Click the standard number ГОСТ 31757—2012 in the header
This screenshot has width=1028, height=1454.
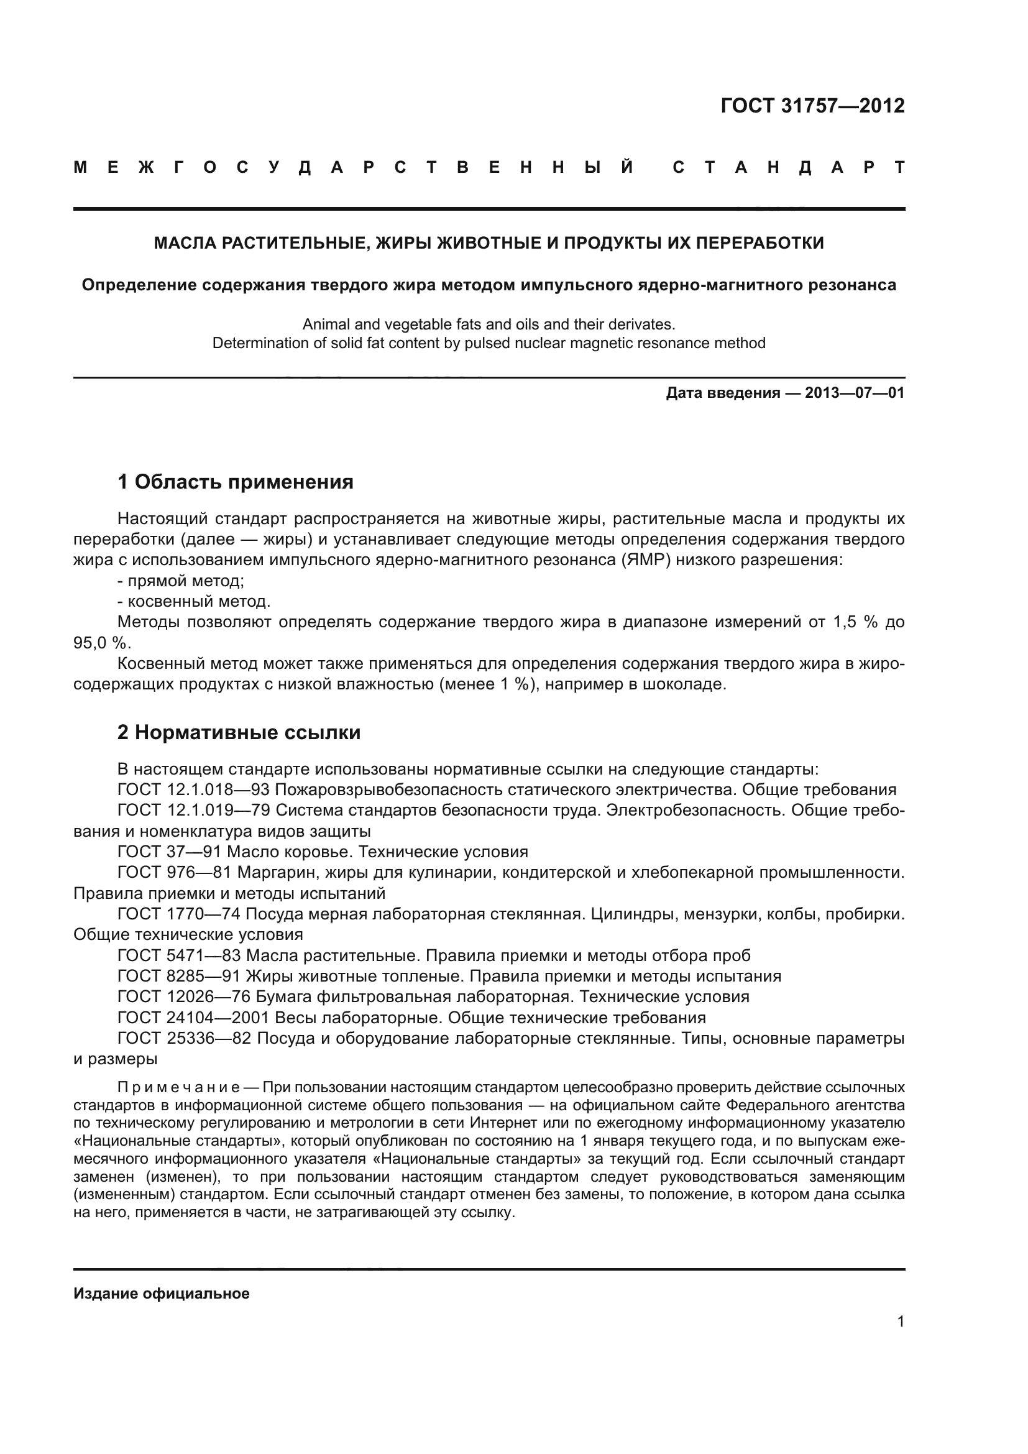click(x=812, y=106)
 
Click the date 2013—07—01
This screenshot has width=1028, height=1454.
click(x=854, y=393)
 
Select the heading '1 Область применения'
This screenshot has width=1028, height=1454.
click(x=235, y=482)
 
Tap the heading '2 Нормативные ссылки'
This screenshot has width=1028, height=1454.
click(x=239, y=733)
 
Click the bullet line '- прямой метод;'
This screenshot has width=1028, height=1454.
click(x=180, y=581)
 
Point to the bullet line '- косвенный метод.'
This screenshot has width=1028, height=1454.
click(x=194, y=601)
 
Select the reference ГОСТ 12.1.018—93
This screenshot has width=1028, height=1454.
click(x=194, y=789)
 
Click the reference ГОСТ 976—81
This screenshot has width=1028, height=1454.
click(x=174, y=873)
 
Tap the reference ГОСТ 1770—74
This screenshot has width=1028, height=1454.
click(x=178, y=914)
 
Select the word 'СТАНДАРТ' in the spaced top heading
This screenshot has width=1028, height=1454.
click(x=789, y=168)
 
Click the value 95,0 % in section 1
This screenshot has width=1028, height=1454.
click(x=101, y=643)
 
